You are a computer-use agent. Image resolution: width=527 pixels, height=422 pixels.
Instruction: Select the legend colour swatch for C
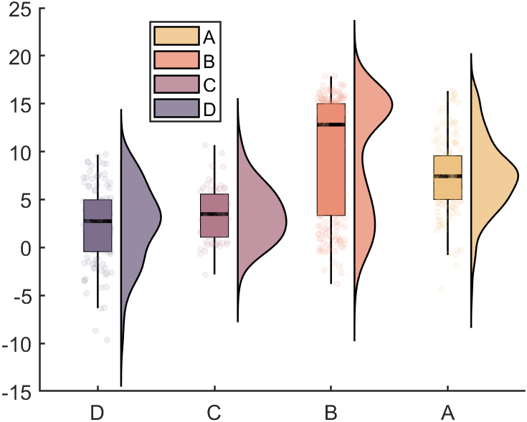tap(176, 85)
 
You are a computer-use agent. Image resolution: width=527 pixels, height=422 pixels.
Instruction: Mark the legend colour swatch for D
tap(176, 109)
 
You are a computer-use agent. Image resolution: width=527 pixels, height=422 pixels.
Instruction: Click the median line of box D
tap(98, 221)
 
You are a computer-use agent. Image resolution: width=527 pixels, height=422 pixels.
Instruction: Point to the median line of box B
tap(331, 125)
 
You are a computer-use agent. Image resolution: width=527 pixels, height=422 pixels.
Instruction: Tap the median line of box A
tap(447, 176)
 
